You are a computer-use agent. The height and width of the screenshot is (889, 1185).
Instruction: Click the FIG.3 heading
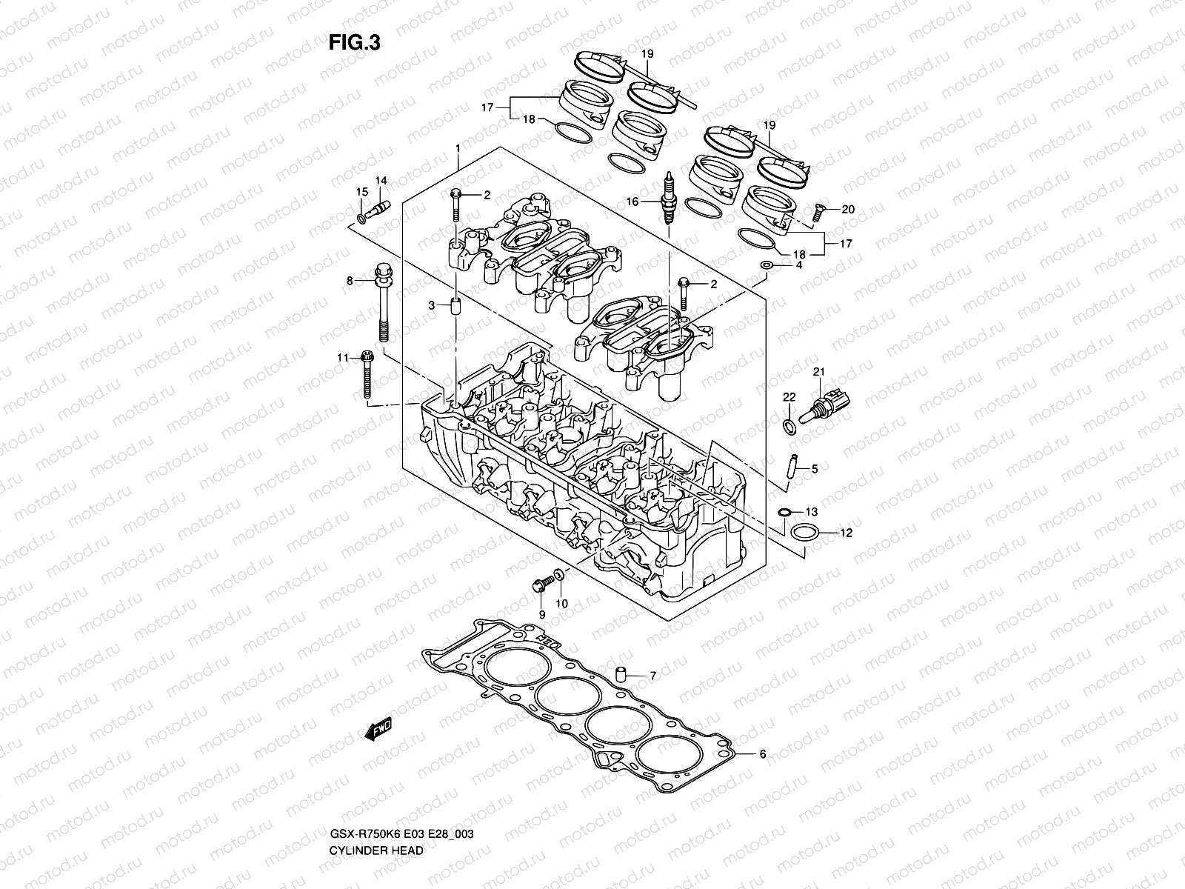pos(354,43)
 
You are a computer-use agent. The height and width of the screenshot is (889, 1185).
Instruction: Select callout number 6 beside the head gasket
pos(761,754)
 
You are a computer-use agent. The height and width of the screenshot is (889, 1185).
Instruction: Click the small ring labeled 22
pos(790,425)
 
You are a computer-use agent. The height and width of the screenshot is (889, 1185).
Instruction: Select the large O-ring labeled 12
pos(805,532)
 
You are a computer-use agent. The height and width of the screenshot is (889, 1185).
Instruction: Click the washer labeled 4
pos(768,265)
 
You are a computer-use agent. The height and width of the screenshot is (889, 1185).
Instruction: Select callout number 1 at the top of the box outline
pos(458,148)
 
